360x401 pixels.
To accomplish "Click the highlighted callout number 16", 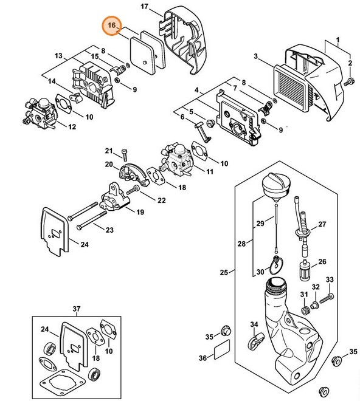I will [x=111, y=25].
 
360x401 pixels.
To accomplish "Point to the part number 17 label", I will [x=144, y=7].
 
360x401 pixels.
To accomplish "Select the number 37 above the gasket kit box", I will [x=77, y=309].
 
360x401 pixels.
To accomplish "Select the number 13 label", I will [x=59, y=56].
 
